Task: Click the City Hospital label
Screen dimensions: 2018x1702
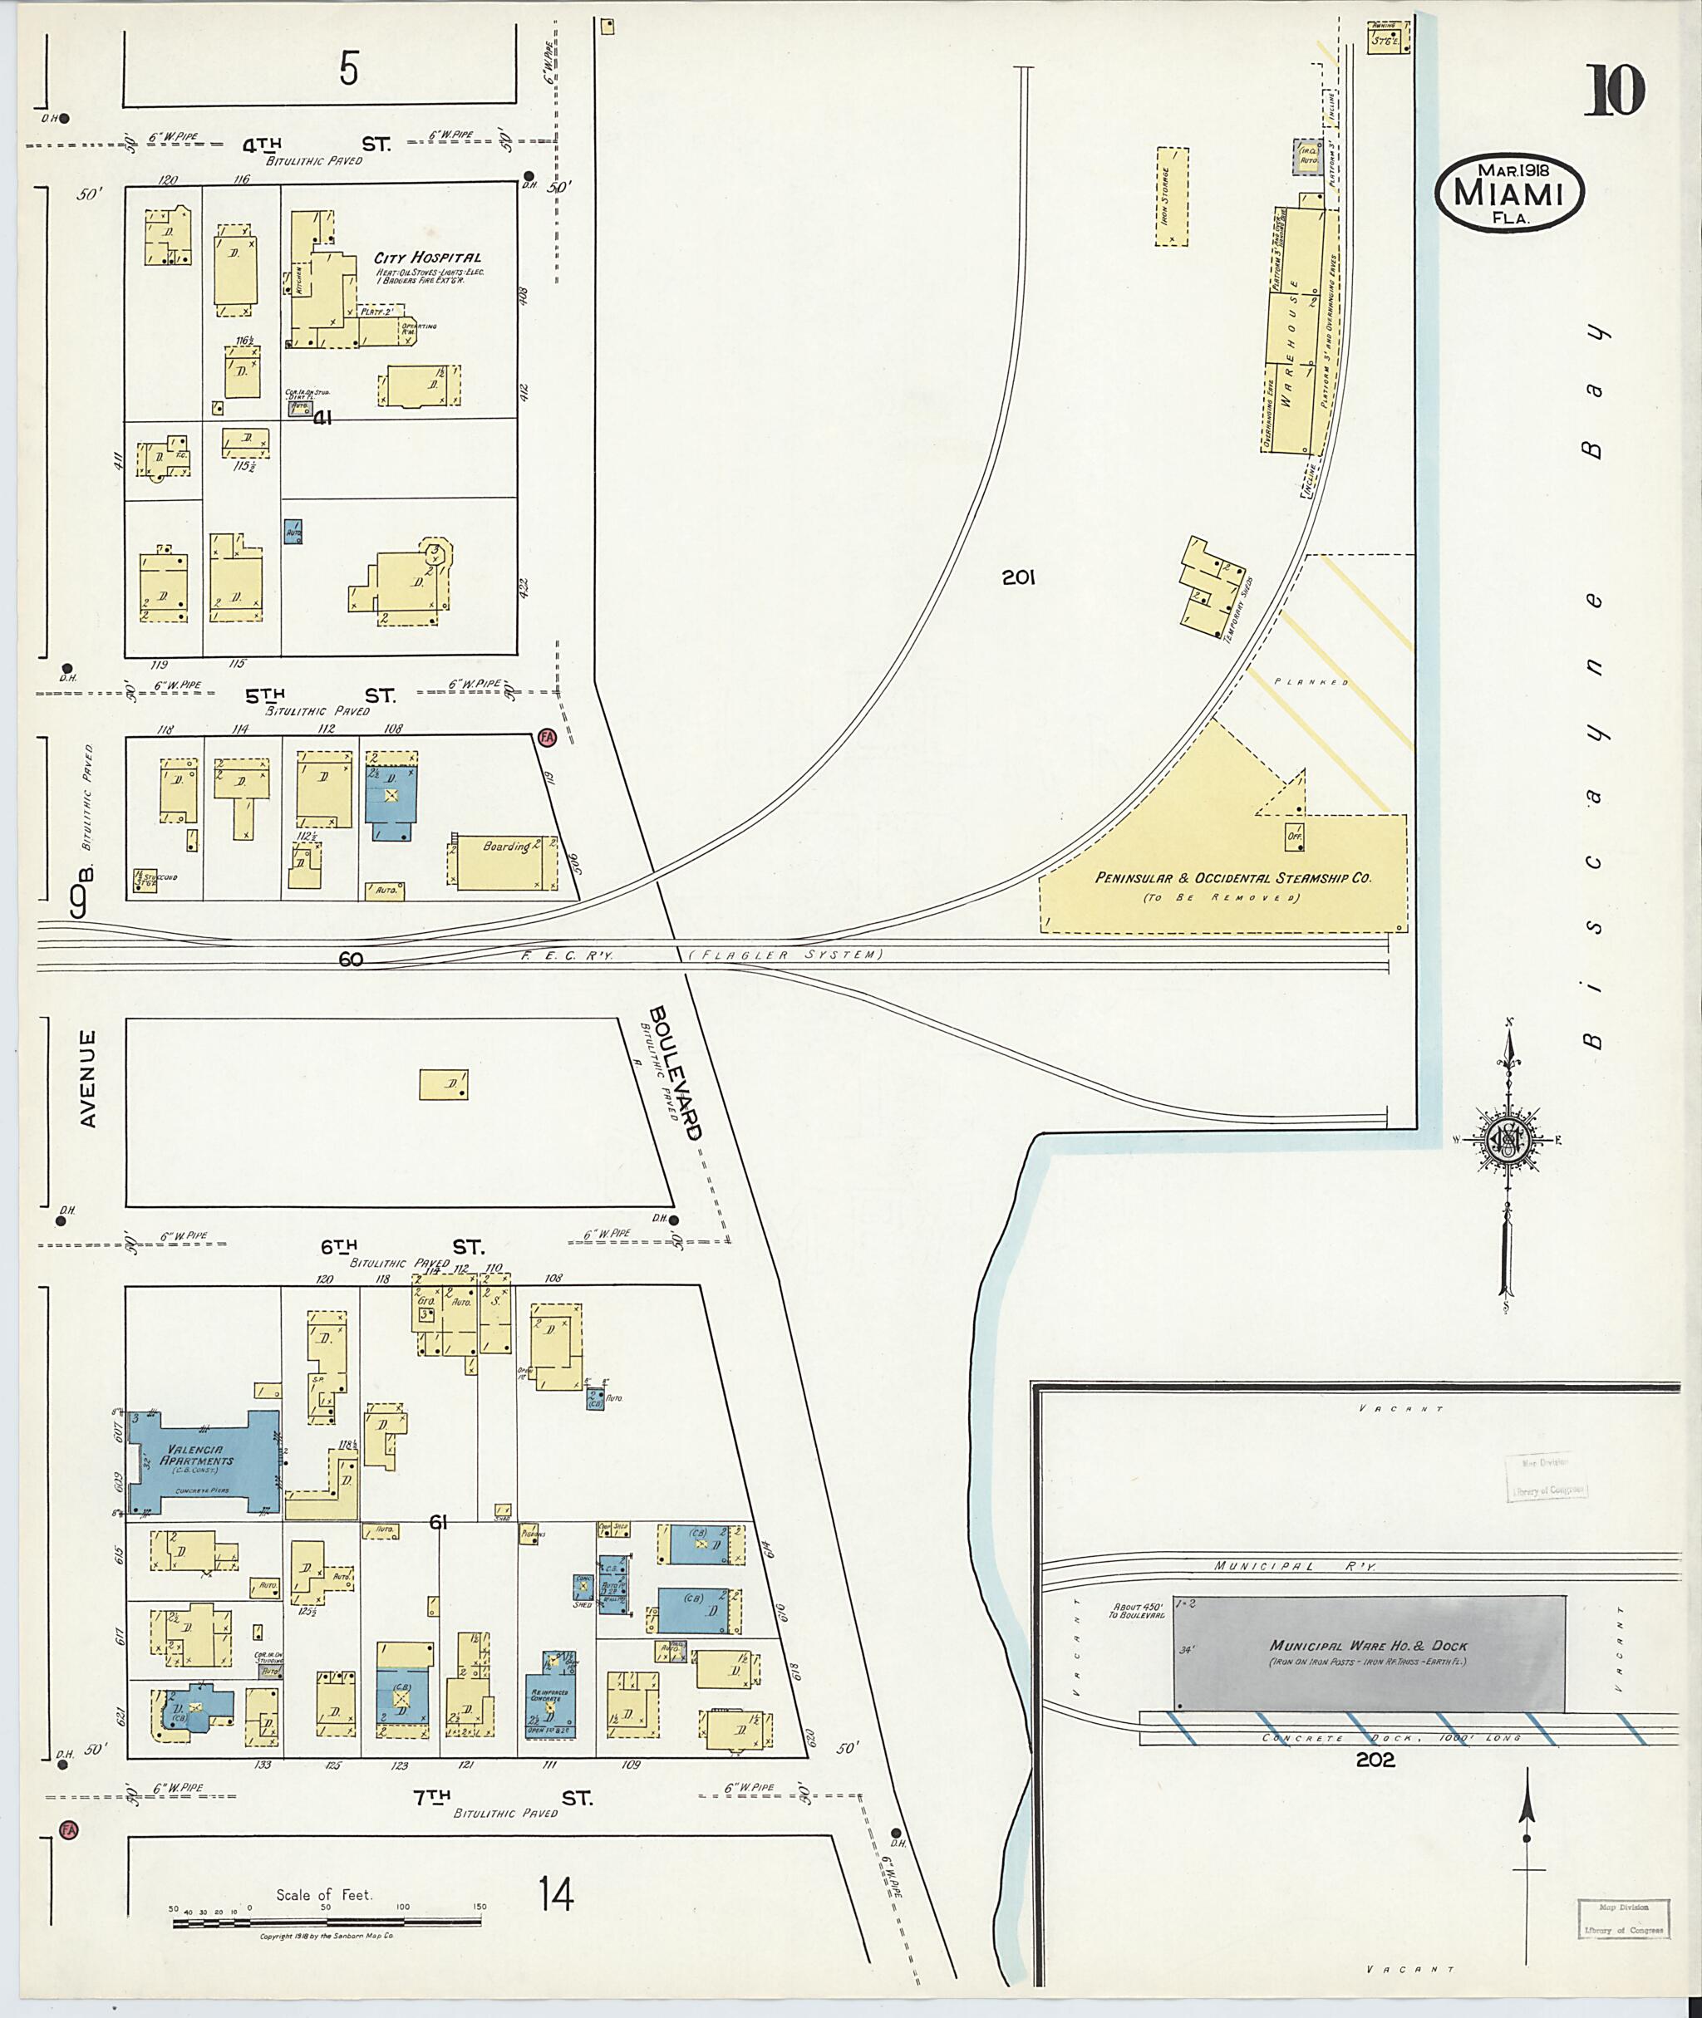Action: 427,258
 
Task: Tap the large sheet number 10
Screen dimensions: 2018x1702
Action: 1613,91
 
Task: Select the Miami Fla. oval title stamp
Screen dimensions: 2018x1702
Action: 1510,193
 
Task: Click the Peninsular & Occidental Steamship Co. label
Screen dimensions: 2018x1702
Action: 1233,878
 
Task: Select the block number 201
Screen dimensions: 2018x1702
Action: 1018,577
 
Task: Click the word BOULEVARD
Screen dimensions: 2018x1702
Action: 676,1073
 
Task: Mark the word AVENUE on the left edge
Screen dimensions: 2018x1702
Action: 88,1078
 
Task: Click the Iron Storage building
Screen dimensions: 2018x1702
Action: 1173,198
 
